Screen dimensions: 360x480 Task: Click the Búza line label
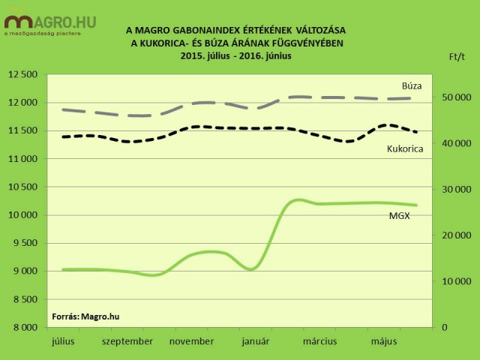click(411, 85)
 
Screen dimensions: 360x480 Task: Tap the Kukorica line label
click(405, 148)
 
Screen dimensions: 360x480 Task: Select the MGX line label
click(399, 216)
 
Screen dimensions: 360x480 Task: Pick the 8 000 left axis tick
click(26, 328)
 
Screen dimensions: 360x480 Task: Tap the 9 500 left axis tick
click(26, 243)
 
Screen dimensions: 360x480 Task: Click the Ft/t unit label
click(457, 56)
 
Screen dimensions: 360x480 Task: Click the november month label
click(192, 341)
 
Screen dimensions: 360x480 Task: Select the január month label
click(255, 341)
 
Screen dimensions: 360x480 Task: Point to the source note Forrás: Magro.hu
click(85, 316)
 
